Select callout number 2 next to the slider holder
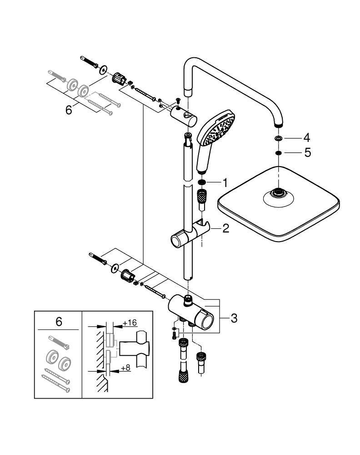tap(225, 229)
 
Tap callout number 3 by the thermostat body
tap(234, 318)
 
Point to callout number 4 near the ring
tap(307, 137)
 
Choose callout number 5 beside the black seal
tap(308, 152)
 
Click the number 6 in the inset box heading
tap(59, 322)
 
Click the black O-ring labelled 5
tap(278, 153)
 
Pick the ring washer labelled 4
tap(278, 138)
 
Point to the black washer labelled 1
tap(202, 183)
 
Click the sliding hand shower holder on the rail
tap(188, 234)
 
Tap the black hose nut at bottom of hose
tap(183, 377)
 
